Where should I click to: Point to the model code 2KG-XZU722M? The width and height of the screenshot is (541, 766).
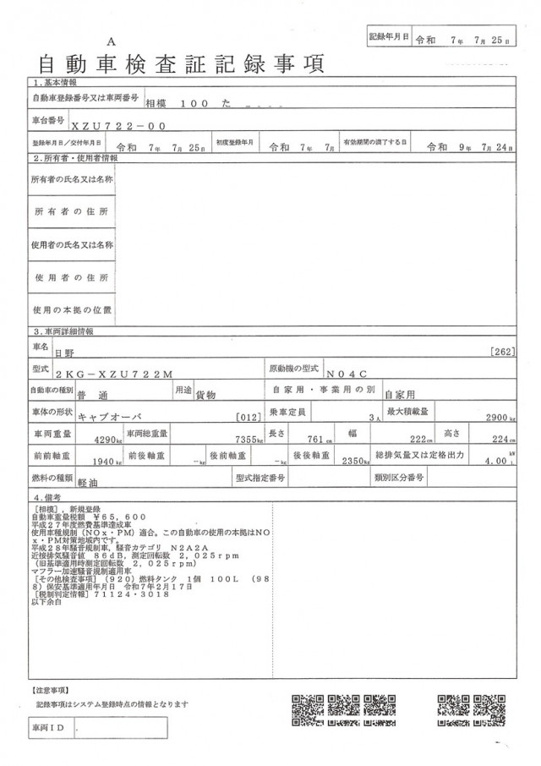coord(112,373)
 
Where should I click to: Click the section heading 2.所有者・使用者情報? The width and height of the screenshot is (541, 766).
coord(75,158)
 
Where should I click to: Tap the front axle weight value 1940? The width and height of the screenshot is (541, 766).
coord(103,462)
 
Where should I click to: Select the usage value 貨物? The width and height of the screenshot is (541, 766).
coord(206,395)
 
